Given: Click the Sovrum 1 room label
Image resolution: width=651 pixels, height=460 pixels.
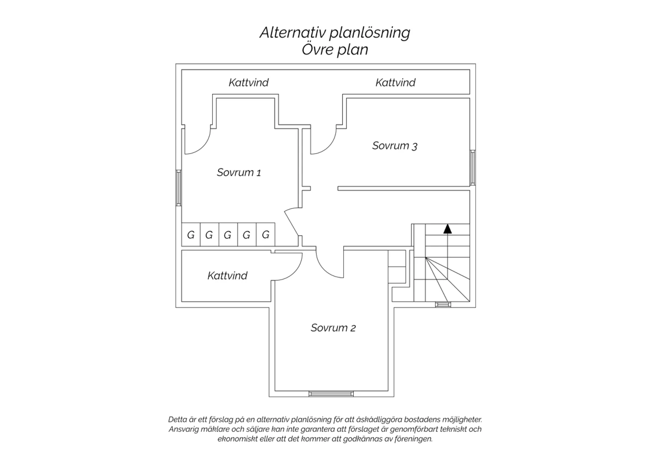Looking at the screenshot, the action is click(239, 172).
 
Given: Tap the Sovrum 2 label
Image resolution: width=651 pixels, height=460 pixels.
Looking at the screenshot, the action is click(333, 328).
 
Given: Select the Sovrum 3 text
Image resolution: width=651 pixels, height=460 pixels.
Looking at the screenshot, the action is click(395, 145).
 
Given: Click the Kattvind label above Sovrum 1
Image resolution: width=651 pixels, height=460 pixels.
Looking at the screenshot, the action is click(249, 82).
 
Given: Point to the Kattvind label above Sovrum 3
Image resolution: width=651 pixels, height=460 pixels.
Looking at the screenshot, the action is click(395, 82).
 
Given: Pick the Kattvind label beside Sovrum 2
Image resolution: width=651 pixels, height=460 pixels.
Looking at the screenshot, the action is click(227, 276).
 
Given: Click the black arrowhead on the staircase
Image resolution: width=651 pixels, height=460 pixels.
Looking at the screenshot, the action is click(447, 229).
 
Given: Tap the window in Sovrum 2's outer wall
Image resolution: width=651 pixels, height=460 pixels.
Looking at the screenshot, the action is click(331, 394).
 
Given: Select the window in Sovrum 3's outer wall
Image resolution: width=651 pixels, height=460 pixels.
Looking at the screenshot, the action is click(473, 168).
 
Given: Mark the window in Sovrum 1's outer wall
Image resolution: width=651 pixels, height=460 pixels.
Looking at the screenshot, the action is click(179, 188).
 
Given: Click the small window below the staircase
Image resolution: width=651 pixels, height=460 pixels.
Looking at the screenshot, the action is click(443, 305).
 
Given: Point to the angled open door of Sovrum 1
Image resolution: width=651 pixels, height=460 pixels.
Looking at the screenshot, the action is click(292, 223).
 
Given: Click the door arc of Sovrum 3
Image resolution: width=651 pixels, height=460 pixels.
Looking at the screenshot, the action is click(328, 146).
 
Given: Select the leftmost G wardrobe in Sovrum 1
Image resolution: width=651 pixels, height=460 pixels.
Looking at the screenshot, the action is click(191, 234).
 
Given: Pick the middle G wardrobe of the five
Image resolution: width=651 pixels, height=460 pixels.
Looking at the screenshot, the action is click(228, 234).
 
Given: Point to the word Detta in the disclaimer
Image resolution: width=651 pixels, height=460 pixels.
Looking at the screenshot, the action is click(178, 420).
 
